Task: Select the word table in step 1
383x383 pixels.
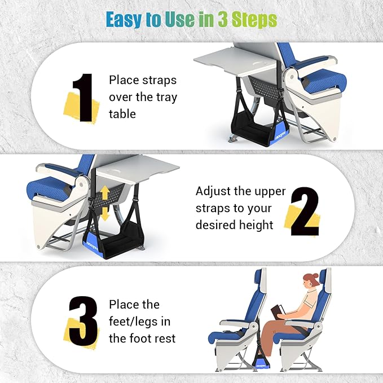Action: [x=122, y=114]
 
